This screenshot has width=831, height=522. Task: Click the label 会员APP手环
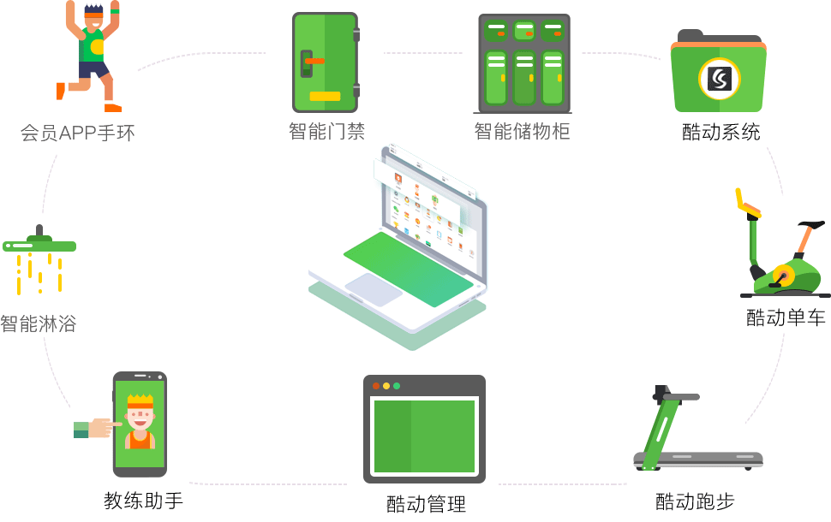point(77,133)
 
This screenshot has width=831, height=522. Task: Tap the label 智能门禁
point(326,131)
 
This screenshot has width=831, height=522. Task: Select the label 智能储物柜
point(522,131)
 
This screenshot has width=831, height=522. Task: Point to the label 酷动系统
point(720,132)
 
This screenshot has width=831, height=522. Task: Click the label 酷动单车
point(786,317)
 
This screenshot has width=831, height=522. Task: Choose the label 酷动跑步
point(695,501)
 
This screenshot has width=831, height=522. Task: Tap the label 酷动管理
point(426,504)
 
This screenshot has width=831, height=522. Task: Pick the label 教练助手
point(143,501)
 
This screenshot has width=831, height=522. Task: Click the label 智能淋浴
point(39,323)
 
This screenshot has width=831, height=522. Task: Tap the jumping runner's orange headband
point(93,15)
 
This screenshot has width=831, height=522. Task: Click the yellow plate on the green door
point(325,97)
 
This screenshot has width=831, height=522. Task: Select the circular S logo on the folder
point(719,79)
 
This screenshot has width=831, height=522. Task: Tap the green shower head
point(39,246)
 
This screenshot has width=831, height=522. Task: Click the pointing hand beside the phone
point(98,428)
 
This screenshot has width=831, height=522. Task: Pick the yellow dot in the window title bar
point(386,386)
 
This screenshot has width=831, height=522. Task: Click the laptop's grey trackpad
point(374,289)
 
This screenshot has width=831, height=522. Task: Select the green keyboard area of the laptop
point(408,269)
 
